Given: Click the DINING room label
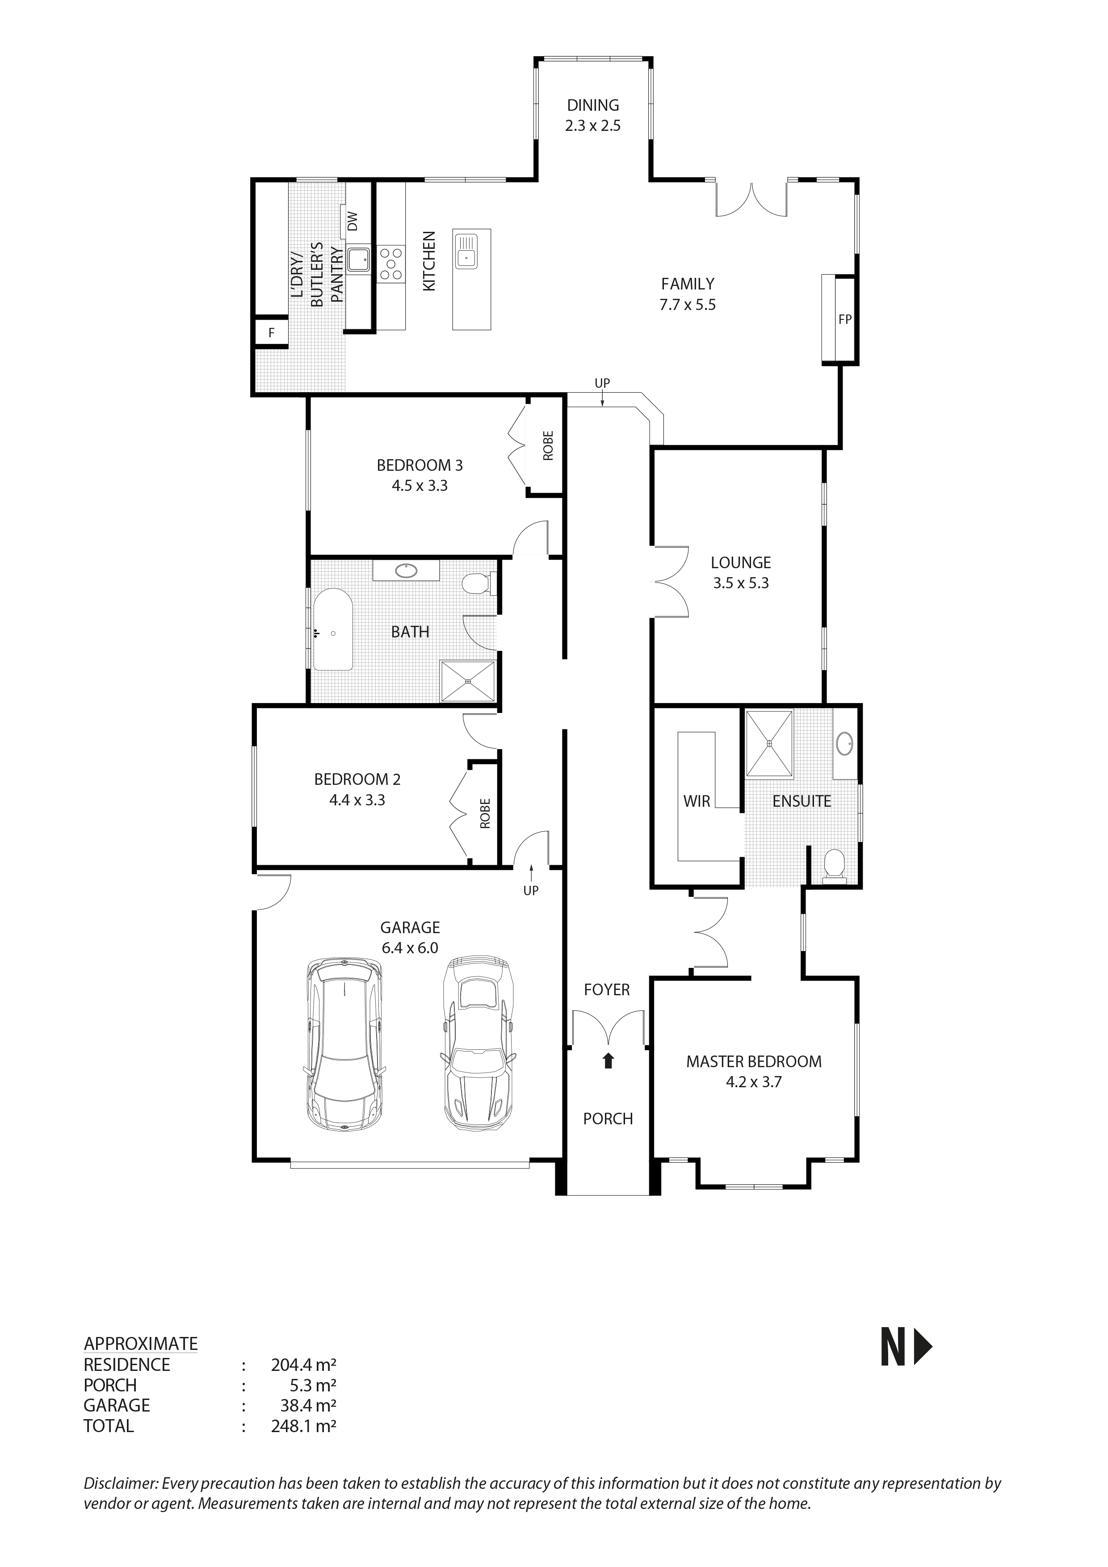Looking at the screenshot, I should coord(592,105).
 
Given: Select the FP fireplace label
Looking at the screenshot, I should coord(844,319).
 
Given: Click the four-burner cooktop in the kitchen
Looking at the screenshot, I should coord(390,264).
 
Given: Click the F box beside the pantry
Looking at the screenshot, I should coord(271,333).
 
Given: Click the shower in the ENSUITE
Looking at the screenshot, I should coord(769,743).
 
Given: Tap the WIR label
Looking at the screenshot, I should coord(697,801).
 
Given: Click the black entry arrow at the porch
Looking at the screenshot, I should coord(608,1060).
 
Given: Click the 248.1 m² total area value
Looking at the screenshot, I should coord(303,1426).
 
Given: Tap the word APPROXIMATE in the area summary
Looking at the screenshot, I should coord(141,1344).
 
